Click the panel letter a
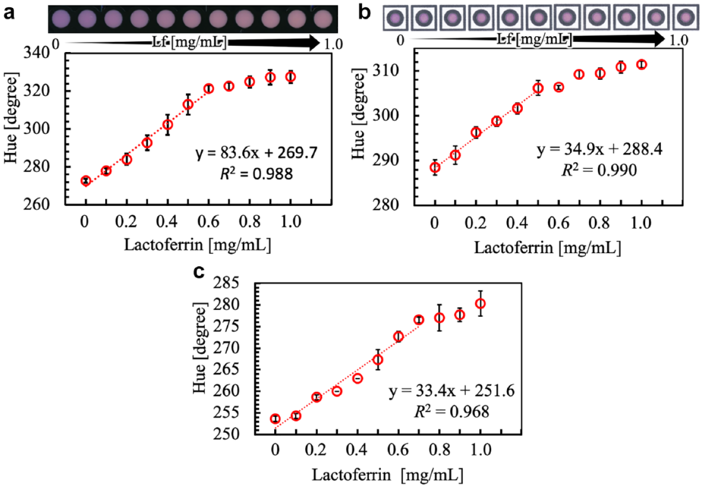[x=9, y=14]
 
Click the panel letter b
[x=364, y=13]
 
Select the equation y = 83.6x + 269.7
[x=256, y=153]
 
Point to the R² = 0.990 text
[x=599, y=170]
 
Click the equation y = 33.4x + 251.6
[x=452, y=391]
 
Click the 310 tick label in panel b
[x=386, y=70]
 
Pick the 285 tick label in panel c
[x=226, y=283]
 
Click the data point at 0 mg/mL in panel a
[x=86, y=181]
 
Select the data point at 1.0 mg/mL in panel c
[x=480, y=304]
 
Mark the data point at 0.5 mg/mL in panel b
[x=538, y=88]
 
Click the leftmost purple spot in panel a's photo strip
[x=61, y=18]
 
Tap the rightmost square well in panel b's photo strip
[x=686, y=17]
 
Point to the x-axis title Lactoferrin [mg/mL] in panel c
[x=388, y=475]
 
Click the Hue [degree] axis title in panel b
[x=358, y=113]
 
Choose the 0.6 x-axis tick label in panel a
[x=208, y=222]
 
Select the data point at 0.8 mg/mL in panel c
[x=439, y=318]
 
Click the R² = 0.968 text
[x=452, y=411]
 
